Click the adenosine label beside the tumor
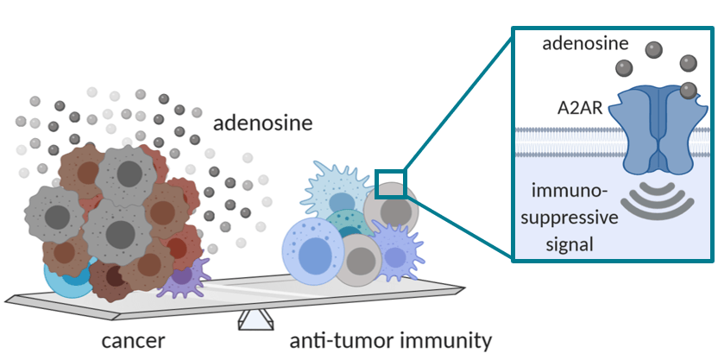[x=262, y=123]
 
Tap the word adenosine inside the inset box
[x=582, y=43]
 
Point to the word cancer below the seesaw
[x=134, y=339]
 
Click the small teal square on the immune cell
[x=390, y=184]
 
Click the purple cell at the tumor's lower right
[x=183, y=278]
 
